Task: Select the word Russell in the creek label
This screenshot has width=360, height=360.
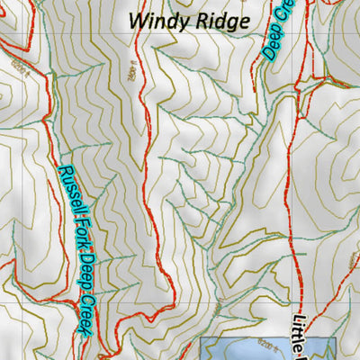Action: click(67, 194)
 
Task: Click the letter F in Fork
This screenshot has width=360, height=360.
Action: click(73, 227)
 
